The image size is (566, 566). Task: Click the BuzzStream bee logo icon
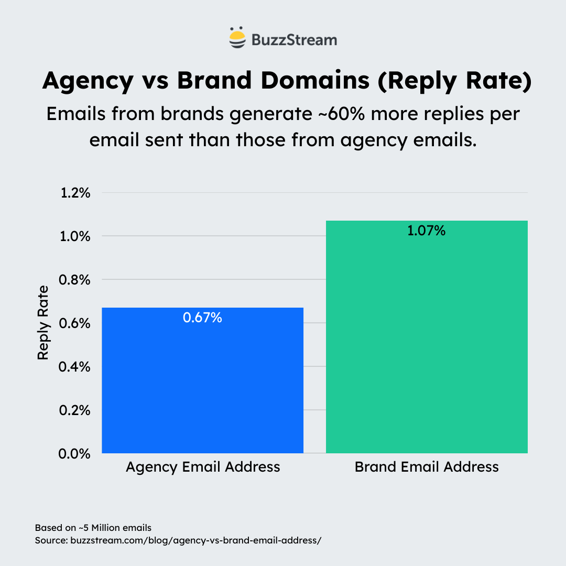click(237, 38)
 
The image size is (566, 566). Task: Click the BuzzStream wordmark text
click(294, 39)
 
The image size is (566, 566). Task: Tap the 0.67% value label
click(202, 318)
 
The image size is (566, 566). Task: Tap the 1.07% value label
click(427, 231)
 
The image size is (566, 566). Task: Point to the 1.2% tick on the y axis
click(76, 193)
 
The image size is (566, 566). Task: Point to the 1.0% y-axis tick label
click(76, 236)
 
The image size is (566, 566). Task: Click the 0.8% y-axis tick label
click(76, 280)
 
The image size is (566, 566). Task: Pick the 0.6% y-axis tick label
click(76, 323)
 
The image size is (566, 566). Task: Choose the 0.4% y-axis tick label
click(76, 367)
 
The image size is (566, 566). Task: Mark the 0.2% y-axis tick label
click(76, 410)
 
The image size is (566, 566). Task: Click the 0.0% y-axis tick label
click(76, 454)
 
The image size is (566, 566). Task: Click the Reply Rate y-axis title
click(43, 322)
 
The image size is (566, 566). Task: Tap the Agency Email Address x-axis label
click(203, 467)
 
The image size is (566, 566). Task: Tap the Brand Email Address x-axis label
click(427, 467)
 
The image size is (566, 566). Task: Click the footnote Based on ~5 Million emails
click(93, 527)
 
